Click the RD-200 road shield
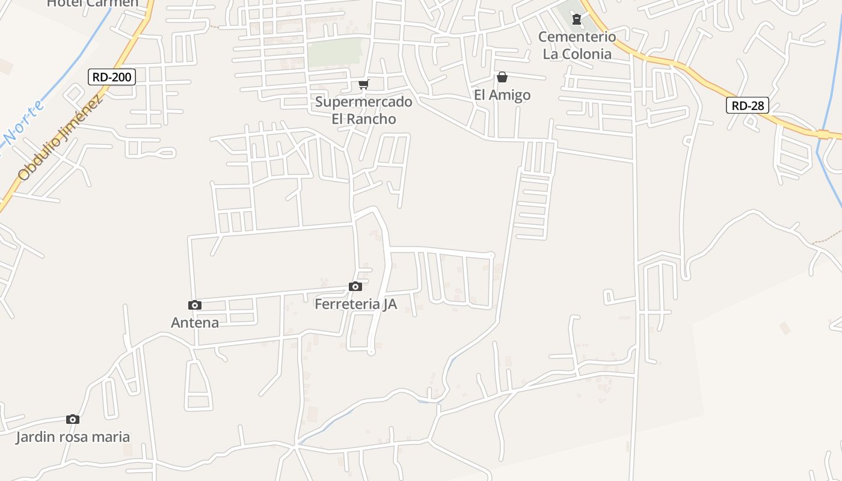click(x=111, y=77)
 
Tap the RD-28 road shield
click(x=748, y=106)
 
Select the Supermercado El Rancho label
click(x=364, y=110)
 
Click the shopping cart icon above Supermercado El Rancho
click(x=363, y=84)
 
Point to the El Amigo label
click(x=502, y=94)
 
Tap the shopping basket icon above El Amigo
click(x=502, y=77)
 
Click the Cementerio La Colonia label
click(x=577, y=45)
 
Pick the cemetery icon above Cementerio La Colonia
click(x=577, y=20)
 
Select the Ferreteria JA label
click(x=355, y=304)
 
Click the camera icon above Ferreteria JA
click(x=355, y=286)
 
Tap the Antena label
click(x=195, y=323)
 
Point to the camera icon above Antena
click(x=195, y=305)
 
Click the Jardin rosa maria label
click(x=73, y=437)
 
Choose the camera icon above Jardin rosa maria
click(x=73, y=419)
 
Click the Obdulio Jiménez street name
click(x=60, y=137)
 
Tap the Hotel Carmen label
click(x=93, y=4)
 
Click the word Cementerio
click(x=577, y=37)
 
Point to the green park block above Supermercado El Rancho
click(x=337, y=53)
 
